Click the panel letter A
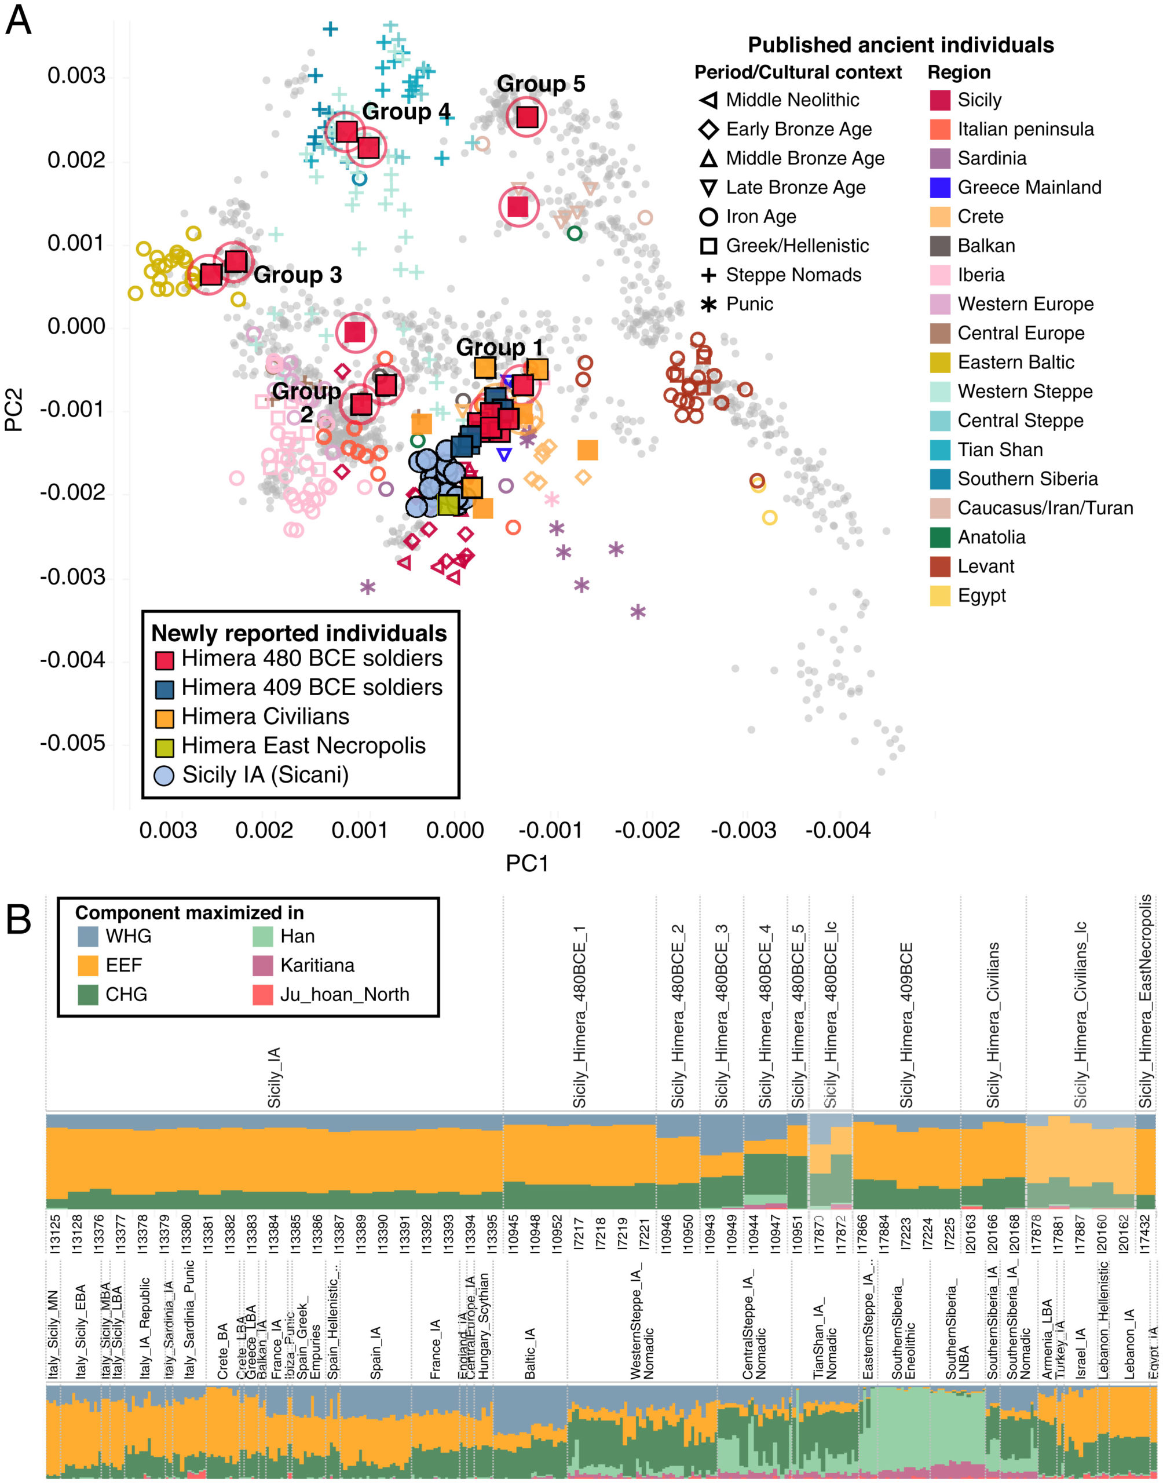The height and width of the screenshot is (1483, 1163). point(19,20)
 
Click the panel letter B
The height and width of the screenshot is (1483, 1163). point(19,919)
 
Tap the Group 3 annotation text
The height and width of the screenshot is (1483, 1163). point(298,275)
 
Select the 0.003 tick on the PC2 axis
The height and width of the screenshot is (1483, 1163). point(76,75)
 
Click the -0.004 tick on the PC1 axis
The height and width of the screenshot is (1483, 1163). point(838,831)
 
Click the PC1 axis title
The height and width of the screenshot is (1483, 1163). point(527,863)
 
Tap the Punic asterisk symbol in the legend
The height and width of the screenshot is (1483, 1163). point(708,304)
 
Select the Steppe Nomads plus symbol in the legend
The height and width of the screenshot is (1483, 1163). point(708,275)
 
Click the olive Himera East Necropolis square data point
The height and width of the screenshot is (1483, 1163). point(448,505)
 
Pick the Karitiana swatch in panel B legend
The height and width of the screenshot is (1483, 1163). point(263,966)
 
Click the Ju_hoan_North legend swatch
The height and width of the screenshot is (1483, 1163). point(263,995)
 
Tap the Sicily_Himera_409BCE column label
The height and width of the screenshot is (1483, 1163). point(906,1024)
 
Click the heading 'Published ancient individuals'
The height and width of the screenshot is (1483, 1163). point(900,45)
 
